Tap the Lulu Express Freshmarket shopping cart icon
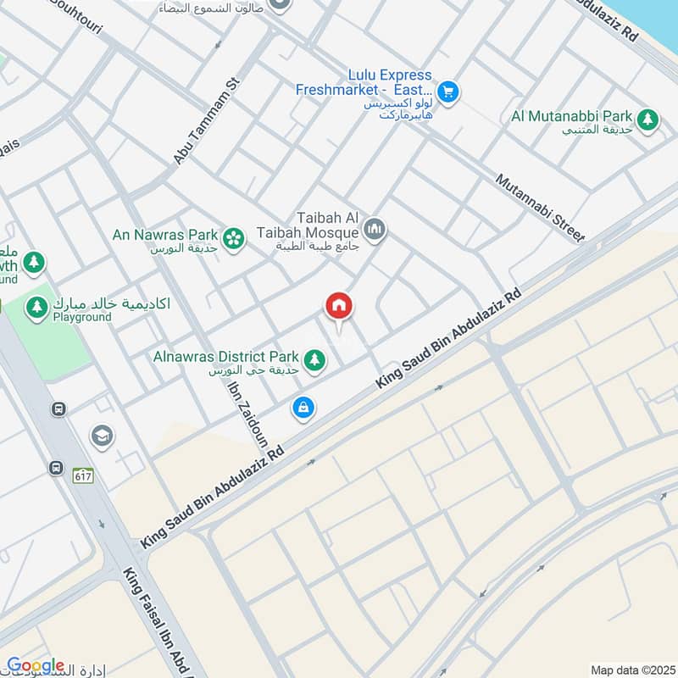coord(449,92)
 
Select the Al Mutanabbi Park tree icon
coord(648,120)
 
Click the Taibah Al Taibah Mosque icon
coord(375,229)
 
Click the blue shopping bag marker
coord(303,408)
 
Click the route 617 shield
coord(82,475)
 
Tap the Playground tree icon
coord(36,308)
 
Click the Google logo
coord(35,666)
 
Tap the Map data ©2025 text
coord(631,670)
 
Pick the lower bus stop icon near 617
coord(57,467)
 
